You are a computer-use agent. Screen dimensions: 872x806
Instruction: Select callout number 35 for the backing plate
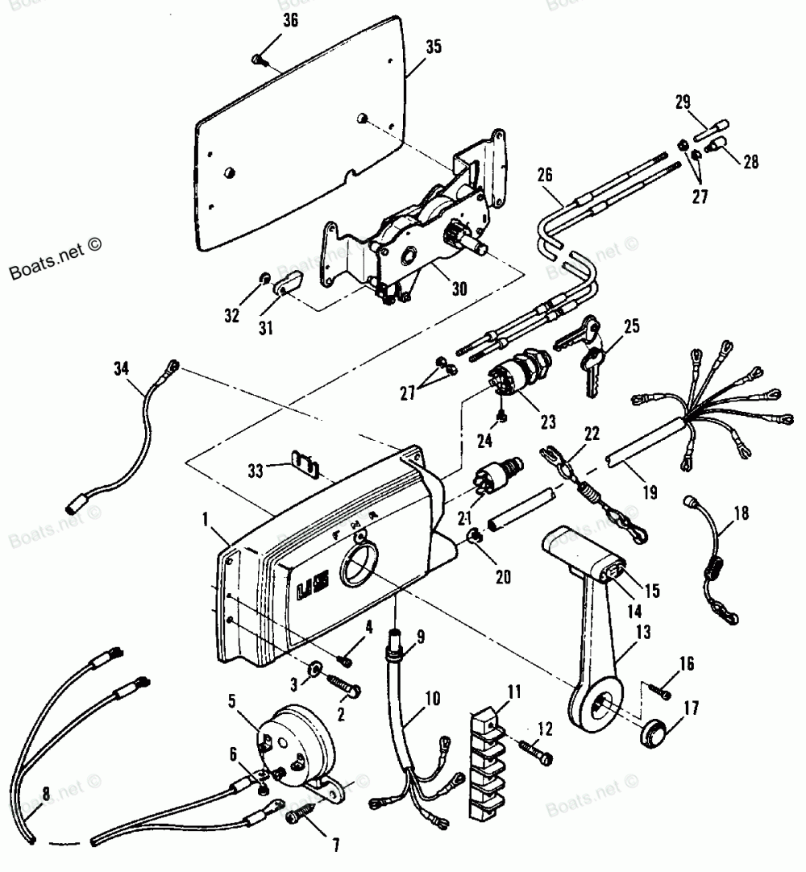(434, 48)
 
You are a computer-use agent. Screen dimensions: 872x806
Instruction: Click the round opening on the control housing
(355, 568)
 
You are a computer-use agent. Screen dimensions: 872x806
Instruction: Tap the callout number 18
(741, 511)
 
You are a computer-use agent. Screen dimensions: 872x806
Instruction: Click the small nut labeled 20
(476, 535)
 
